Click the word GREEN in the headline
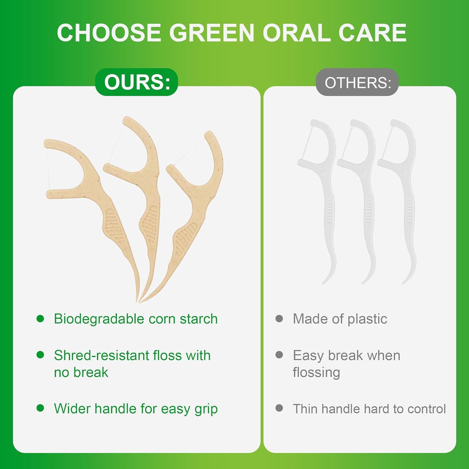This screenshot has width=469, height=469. [x=211, y=33]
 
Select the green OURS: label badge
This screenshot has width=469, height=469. [x=137, y=82]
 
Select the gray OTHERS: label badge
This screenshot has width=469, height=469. [x=357, y=83]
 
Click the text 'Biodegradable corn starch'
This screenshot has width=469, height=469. [x=136, y=319]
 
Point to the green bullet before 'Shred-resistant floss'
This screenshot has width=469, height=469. [x=40, y=355]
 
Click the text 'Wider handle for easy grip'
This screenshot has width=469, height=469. [x=136, y=409]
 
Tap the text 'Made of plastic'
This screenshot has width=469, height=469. [x=340, y=319]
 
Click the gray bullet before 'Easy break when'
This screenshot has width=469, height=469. [x=279, y=355]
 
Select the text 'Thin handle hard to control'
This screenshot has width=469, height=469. [x=369, y=409]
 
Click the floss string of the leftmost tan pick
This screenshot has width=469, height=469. [x=48, y=169]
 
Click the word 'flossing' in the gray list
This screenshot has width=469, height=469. [x=316, y=373]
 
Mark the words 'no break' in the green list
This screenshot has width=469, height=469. [x=81, y=373]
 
